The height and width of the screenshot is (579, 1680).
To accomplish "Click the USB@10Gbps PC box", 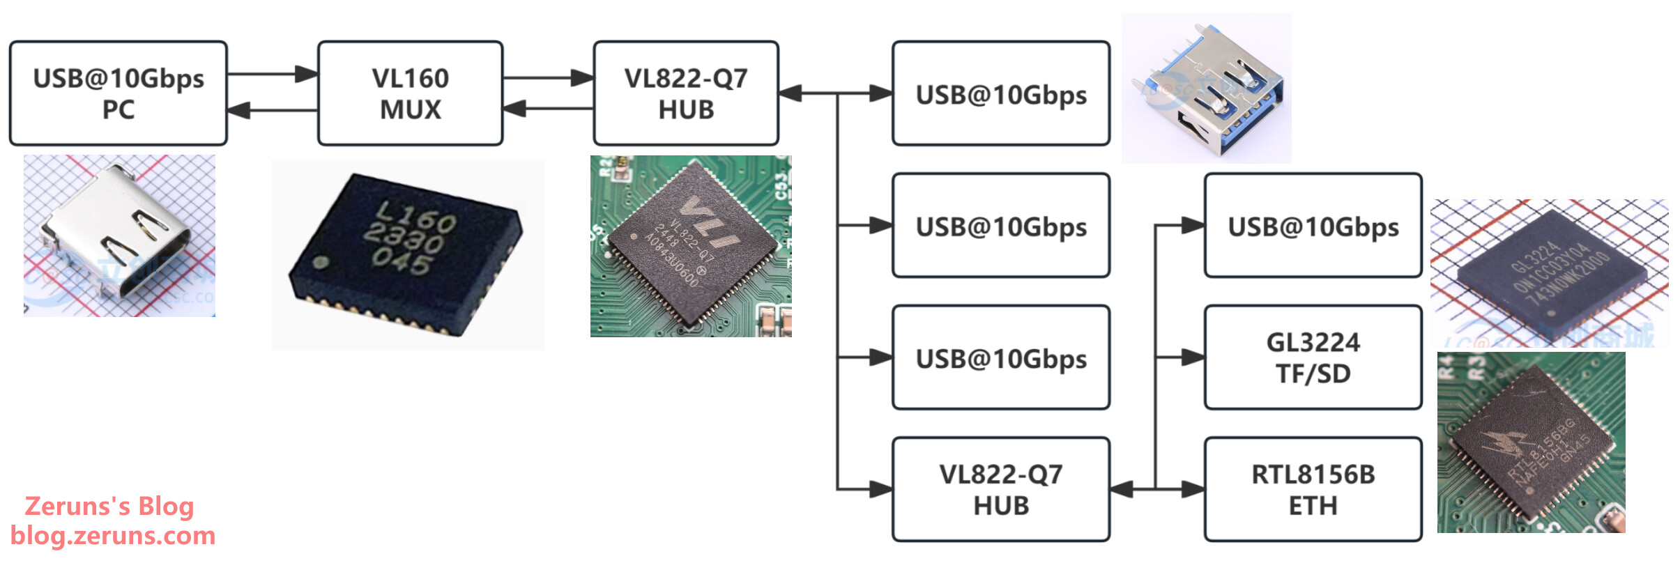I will tap(119, 93).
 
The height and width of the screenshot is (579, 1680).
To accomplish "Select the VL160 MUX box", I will tap(410, 93).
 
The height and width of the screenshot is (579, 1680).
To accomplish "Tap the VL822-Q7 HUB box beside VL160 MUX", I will tap(686, 93).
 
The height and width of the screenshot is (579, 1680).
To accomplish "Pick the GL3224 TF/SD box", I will tap(1313, 357).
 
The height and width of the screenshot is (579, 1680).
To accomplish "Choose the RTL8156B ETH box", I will tap(1313, 489).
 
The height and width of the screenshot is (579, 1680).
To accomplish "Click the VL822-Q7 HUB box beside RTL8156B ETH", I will tap(1001, 489).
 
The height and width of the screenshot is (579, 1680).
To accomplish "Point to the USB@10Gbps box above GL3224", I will tap(1313, 226).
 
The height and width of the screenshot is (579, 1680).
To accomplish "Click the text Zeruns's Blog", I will tap(109, 506).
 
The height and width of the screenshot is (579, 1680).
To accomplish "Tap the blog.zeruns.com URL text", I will tap(113, 535).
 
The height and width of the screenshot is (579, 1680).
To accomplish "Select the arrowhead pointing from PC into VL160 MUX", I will tap(307, 74).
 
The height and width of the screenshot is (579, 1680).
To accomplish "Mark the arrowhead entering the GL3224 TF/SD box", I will tap(1193, 357).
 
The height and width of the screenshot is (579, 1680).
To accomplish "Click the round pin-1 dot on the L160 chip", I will tap(321, 263).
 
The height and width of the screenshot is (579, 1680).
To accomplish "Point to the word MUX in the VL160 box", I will tap(410, 110).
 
